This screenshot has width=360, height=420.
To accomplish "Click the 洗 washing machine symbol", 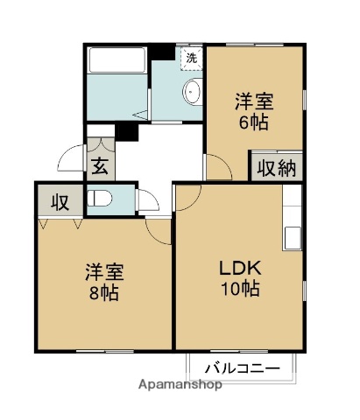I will (x=190, y=58).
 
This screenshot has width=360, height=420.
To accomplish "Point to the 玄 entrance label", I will (x=99, y=164).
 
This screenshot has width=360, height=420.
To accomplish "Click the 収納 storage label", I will (x=276, y=167).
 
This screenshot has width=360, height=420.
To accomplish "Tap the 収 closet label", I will (x=60, y=202).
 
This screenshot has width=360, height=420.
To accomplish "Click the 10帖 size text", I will (x=239, y=290).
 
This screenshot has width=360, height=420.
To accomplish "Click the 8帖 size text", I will (x=103, y=291).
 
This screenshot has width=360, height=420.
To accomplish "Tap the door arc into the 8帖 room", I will (x=159, y=230).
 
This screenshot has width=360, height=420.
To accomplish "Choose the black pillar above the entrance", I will (x=128, y=132).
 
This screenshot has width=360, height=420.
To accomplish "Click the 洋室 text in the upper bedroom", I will (x=251, y=100).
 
